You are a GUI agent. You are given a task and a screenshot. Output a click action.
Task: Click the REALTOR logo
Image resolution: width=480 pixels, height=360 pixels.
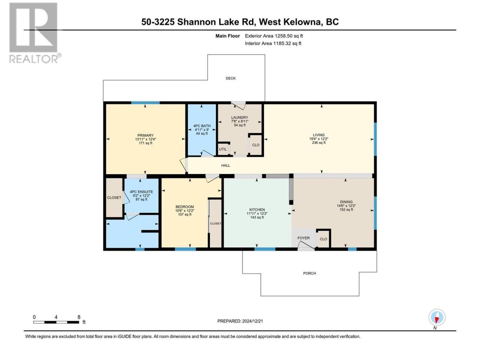[x=35, y=33]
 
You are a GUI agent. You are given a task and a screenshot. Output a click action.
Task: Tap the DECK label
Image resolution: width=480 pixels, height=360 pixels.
[x=231, y=78]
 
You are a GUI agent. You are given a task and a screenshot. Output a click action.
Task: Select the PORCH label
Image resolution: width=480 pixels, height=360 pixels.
[x=309, y=273]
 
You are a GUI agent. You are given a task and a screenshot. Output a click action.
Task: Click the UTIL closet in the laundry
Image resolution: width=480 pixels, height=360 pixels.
[x=223, y=149]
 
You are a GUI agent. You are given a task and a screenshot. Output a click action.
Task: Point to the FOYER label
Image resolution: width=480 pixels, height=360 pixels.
[x=303, y=238]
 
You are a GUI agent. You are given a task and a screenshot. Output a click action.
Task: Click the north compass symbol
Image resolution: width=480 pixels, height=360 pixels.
[x=437, y=317]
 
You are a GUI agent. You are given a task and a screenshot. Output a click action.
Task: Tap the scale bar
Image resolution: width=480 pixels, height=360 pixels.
[x=56, y=322]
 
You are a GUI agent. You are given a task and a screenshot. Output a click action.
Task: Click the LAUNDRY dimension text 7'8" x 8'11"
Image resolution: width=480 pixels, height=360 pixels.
[x=240, y=121]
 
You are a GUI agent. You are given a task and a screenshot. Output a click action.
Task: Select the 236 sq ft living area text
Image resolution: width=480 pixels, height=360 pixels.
[x=319, y=143]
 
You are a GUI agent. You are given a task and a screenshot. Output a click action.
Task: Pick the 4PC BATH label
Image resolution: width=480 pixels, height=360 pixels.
[x=202, y=126]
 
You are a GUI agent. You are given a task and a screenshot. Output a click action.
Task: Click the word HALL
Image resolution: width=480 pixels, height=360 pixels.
[x=225, y=165]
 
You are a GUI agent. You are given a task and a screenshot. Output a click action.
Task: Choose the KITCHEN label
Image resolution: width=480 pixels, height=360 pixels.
[x=257, y=210]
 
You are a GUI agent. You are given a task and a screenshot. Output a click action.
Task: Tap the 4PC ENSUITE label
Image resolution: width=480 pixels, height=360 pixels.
[x=141, y=192]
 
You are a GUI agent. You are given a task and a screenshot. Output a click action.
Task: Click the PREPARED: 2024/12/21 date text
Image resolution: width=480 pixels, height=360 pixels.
[x=240, y=321]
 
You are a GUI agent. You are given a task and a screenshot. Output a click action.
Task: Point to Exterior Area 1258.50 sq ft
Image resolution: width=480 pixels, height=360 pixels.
[x=274, y=36]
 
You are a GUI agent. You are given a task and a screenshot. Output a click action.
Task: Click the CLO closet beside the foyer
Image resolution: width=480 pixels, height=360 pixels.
[x=323, y=239]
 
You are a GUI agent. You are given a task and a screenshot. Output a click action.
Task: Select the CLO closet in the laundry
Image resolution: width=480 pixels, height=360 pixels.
[x=256, y=145]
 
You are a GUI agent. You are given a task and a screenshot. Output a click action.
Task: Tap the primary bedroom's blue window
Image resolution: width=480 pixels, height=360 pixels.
[x=145, y=103]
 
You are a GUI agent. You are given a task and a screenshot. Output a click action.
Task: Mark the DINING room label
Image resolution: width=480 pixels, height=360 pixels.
[x=346, y=202]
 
